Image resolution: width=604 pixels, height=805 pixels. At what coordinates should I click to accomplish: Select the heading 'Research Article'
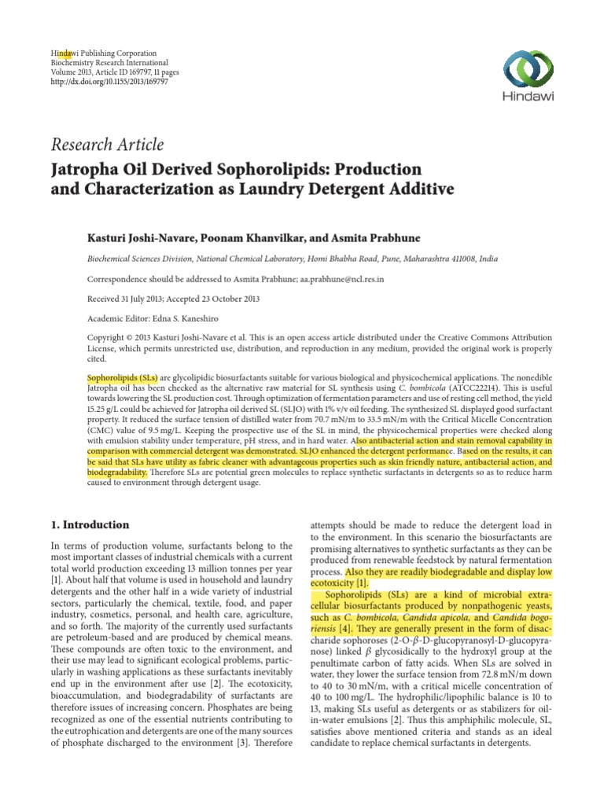coord(108,145)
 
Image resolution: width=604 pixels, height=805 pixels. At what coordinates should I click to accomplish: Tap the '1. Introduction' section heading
coord(90,524)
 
